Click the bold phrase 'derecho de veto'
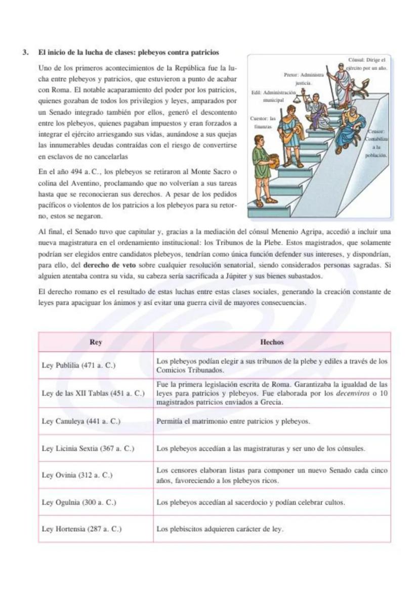(x=106, y=264)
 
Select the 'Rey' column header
(x=96, y=342)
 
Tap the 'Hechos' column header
(x=272, y=342)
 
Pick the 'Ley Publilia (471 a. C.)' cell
(x=78, y=366)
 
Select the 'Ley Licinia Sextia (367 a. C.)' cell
(x=88, y=448)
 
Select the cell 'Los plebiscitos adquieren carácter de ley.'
(x=220, y=529)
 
